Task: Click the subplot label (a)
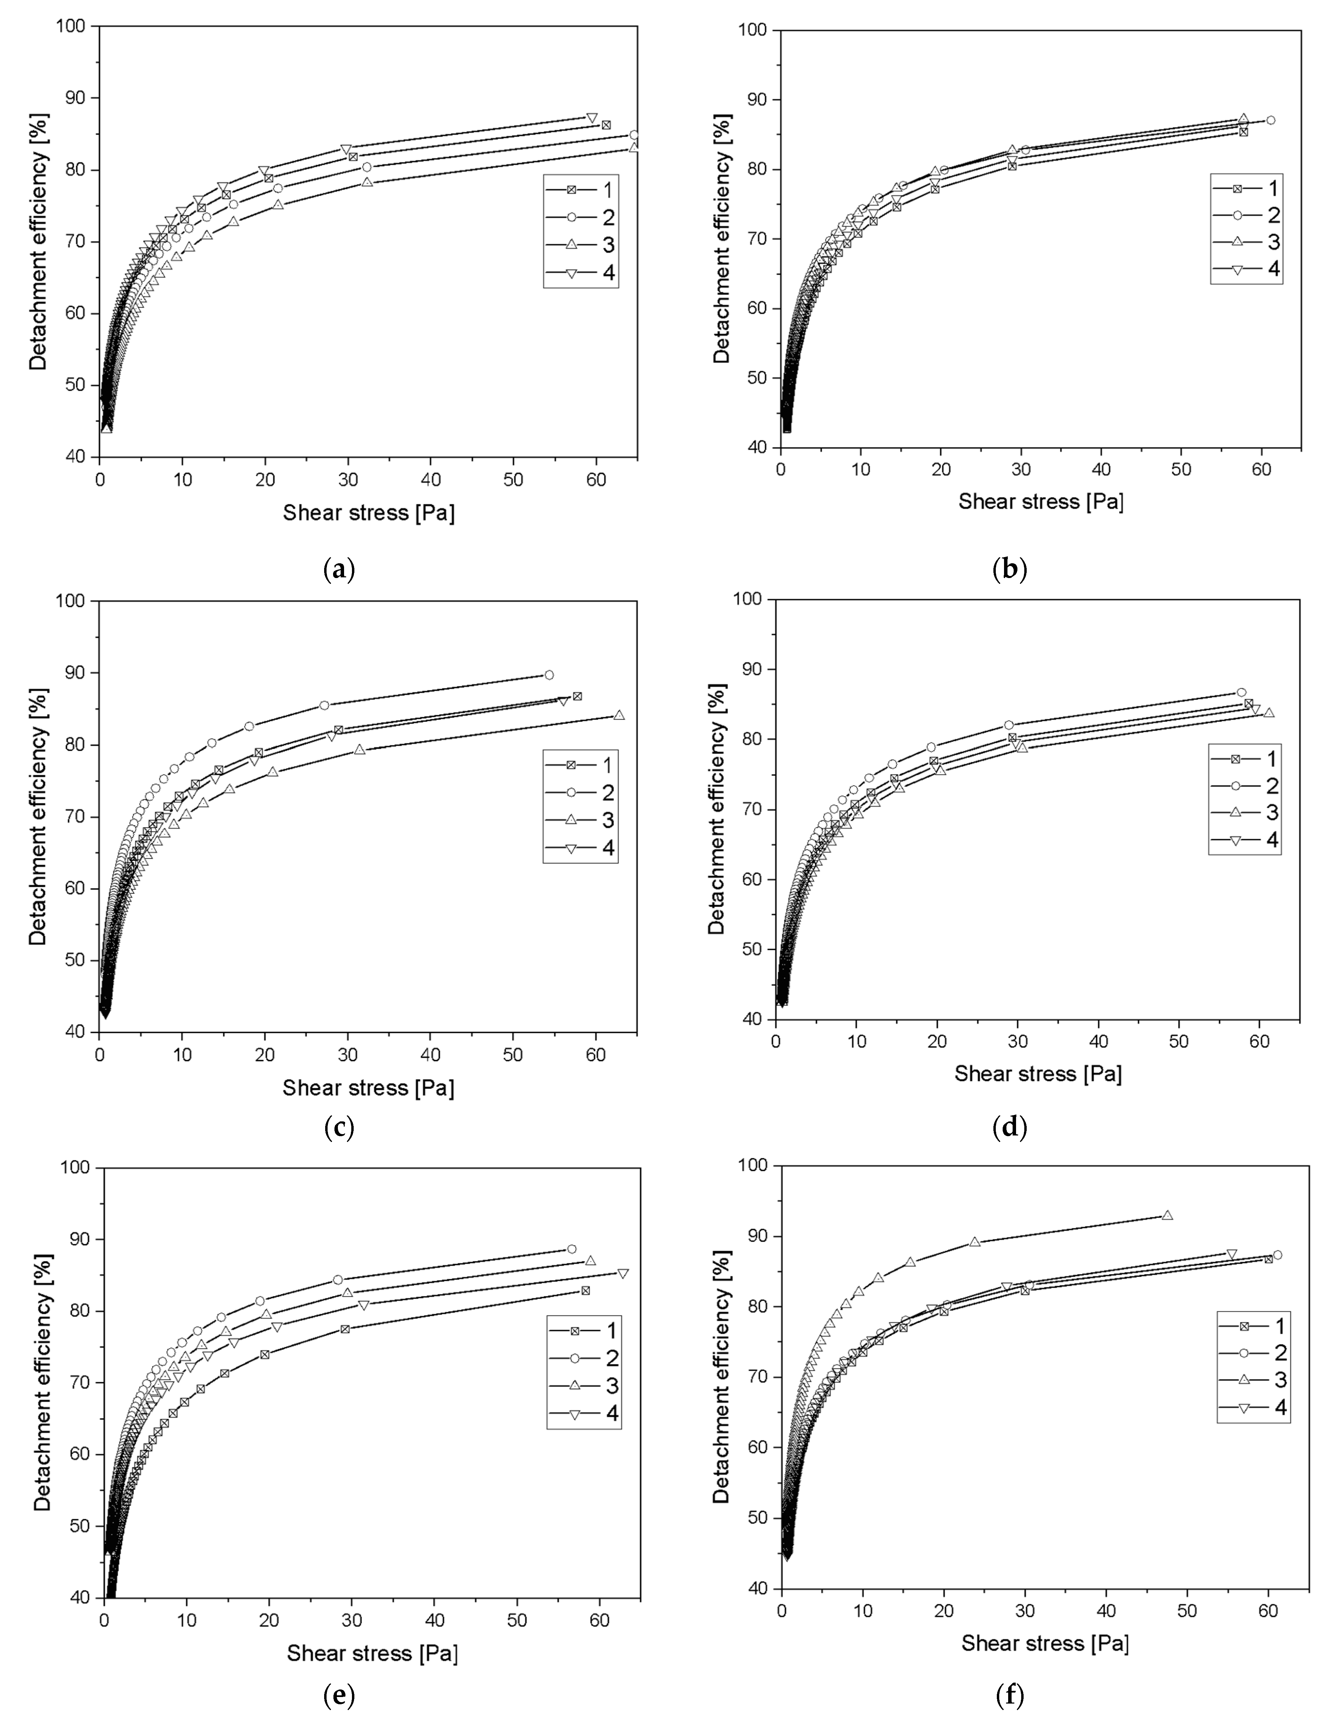point(339,569)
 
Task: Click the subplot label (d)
point(1010,1127)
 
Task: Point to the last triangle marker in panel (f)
point(1167,1215)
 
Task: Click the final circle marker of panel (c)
point(548,675)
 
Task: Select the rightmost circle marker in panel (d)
point(1241,692)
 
